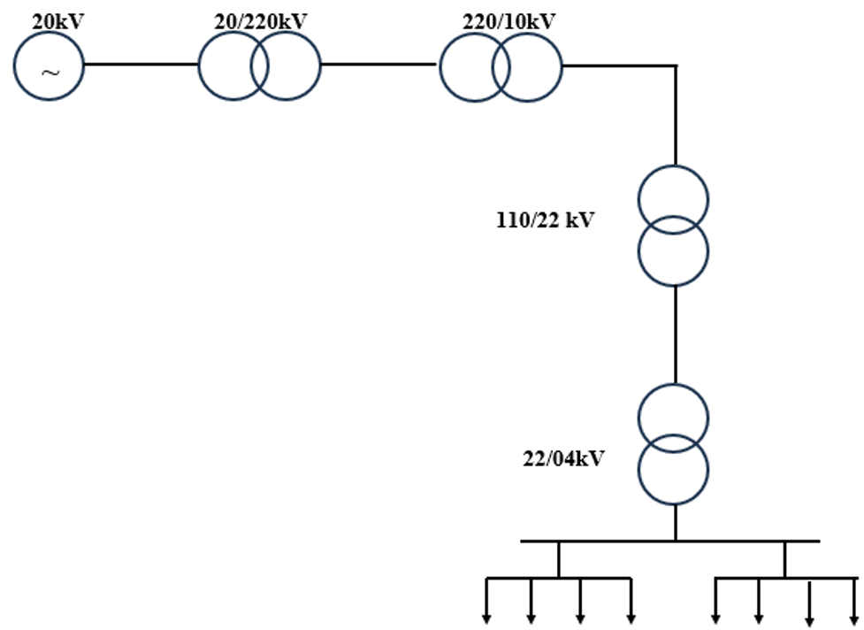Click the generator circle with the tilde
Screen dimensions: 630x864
point(49,65)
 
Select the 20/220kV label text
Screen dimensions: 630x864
point(260,20)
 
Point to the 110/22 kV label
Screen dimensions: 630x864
point(545,219)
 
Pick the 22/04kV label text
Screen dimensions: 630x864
point(563,459)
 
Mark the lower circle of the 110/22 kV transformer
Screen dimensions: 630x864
point(674,261)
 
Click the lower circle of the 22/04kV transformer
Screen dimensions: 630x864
point(674,480)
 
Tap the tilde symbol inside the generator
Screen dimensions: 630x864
point(50,73)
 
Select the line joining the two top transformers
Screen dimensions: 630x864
point(378,65)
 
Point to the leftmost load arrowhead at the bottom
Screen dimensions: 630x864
point(486,617)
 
